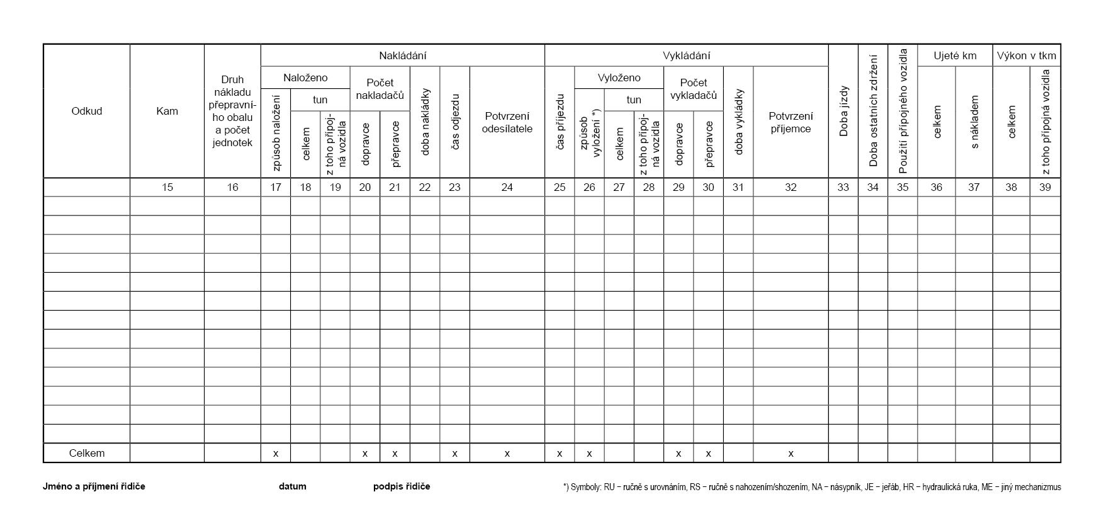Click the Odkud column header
pyautogui.click(x=87, y=111)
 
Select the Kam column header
pyautogui.click(x=167, y=111)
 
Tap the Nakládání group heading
pyautogui.click(x=402, y=55)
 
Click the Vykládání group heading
pyautogui.click(x=686, y=55)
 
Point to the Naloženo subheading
pyautogui.click(x=305, y=77)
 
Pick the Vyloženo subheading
pyautogui.click(x=619, y=77)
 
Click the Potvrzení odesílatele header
pyautogui.click(x=507, y=122)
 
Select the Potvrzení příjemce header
pyautogui.click(x=791, y=122)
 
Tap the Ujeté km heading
pyautogui.click(x=955, y=55)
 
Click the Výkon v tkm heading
pyautogui.click(x=1027, y=55)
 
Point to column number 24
pyautogui.click(x=507, y=187)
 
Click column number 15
pyautogui.click(x=167, y=187)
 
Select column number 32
pyautogui.click(x=791, y=187)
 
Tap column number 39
pyautogui.click(x=1045, y=187)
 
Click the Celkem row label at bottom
pyautogui.click(x=87, y=453)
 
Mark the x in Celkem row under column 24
pyautogui.click(x=507, y=454)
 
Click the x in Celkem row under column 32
pyautogui.click(x=791, y=454)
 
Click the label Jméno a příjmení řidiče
pyautogui.click(x=94, y=486)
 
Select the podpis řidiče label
pyautogui.click(x=402, y=486)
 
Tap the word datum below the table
pyautogui.click(x=293, y=486)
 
